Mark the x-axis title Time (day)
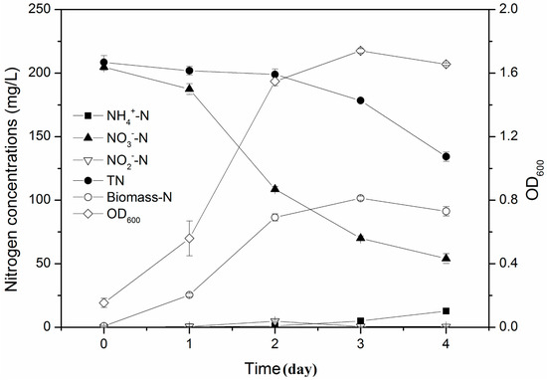click(275, 366)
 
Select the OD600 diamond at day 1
click(189, 238)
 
